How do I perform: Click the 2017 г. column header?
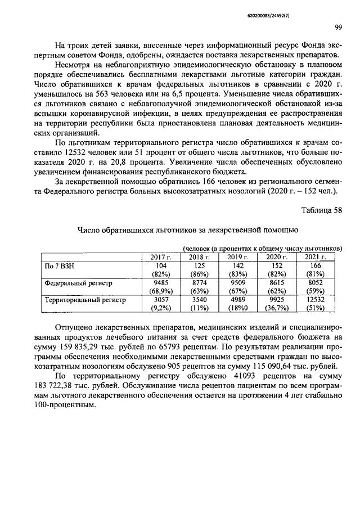[161, 257]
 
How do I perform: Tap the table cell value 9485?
[161, 283]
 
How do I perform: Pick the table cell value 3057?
[161, 300]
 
